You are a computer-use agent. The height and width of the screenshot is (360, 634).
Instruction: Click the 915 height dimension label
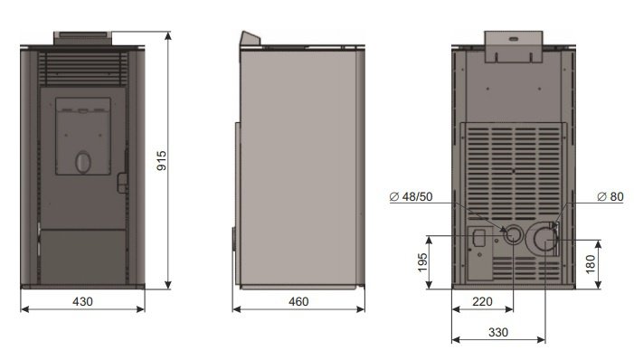pyautogui.click(x=161, y=160)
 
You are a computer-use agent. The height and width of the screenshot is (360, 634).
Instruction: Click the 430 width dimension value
pyautogui.click(x=82, y=301)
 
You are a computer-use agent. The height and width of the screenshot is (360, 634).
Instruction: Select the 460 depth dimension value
pyautogui.click(x=298, y=301)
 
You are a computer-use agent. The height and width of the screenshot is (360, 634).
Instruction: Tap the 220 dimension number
pyautogui.click(x=482, y=301)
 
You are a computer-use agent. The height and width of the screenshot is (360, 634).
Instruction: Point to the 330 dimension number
pyautogui.click(x=497, y=332)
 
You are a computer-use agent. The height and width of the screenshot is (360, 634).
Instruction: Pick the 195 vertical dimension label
pyautogui.click(x=422, y=262)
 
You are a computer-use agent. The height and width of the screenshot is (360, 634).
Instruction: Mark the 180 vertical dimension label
pyautogui.click(x=591, y=264)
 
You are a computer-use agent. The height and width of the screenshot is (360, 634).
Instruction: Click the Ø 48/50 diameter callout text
pyautogui.click(x=411, y=196)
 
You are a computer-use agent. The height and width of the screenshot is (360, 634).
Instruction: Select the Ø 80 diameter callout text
pyautogui.click(x=610, y=196)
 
